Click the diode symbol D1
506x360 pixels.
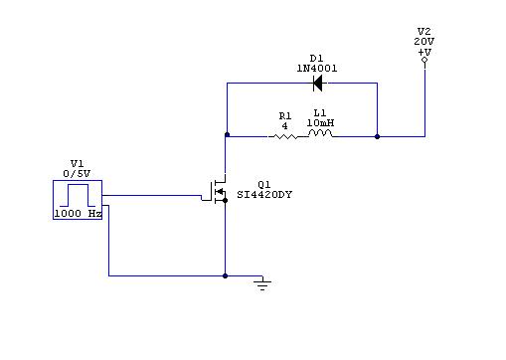click(x=318, y=83)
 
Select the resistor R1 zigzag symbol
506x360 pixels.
click(x=282, y=136)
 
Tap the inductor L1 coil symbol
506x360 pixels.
click(x=320, y=133)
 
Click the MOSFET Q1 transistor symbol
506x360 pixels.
click(x=215, y=192)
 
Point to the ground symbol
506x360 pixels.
click(x=262, y=285)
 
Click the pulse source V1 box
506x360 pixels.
click(x=78, y=200)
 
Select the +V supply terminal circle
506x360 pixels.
click(x=424, y=60)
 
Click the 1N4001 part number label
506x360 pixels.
click(x=317, y=69)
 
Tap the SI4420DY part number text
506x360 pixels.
click(x=264, y=195)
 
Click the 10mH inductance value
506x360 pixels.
click(x=320, y=123)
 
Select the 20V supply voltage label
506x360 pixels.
click(x=424, y=42)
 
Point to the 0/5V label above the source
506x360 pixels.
click(x=77, y=173)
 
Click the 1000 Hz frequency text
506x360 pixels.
click(x=78, y=214)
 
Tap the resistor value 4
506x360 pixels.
click(x=284, y=126)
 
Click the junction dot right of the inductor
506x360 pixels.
click(x=377, y=136)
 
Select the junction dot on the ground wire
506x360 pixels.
click(x=226, y=275)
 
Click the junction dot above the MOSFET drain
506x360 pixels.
click(x=227, y=134)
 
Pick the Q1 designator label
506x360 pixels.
click(x=264, y=185)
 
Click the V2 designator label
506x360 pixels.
click(x=424, y=32)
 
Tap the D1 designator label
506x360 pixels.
click(x=316, y=59)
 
